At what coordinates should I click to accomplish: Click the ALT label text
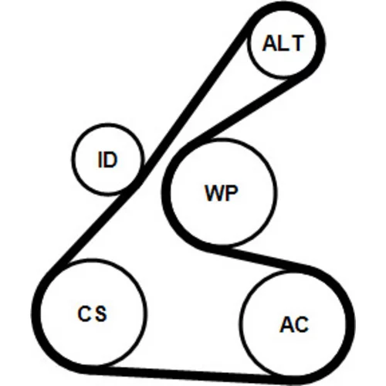283,43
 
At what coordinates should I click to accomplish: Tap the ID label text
108,160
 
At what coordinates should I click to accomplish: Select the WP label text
221,193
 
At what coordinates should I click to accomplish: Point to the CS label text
92,313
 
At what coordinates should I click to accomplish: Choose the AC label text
294,324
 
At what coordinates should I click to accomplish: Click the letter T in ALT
298,43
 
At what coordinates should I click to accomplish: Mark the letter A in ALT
269,43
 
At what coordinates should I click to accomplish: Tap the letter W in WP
214,193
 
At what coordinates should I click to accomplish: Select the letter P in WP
232,193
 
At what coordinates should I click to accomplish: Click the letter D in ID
111,160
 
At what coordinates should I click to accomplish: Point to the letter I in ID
100,160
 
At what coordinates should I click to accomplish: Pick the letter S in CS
100,313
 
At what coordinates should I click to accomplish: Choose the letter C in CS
83,313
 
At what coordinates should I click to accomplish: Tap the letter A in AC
286,324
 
